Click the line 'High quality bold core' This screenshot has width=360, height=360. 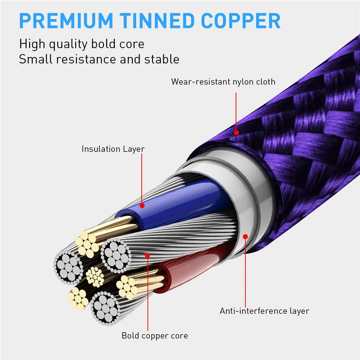point(81,44)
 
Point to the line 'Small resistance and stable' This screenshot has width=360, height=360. point(99,59)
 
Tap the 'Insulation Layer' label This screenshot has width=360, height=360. point(113,148)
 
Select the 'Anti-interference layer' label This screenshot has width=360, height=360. point(264,310)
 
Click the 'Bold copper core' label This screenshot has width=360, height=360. point(154,336)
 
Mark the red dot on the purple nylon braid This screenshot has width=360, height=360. point(236,132)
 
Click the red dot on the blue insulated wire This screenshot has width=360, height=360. point(142,206)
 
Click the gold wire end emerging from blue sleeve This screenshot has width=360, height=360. point(87,243)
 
